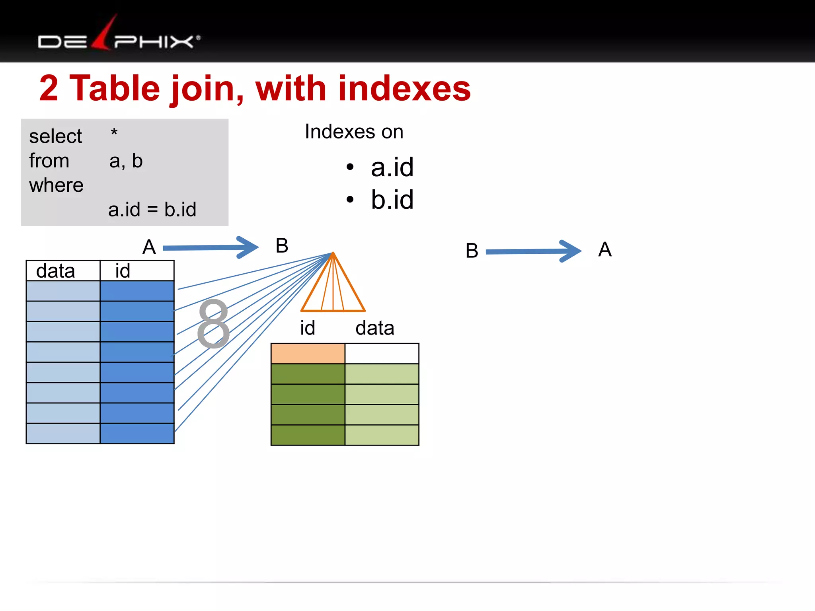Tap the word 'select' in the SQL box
pos(55,136)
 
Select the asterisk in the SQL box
pos(114,132)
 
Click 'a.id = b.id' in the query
pos(152,210)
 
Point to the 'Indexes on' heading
pos(354,132)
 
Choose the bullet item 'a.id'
pos(392,167)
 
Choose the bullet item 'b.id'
pos(392,200)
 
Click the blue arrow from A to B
pos(211,247)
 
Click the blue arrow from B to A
pos(533,251)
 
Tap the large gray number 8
pos(214,323)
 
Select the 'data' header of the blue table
pos(56,271)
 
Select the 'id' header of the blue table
pos(123,271)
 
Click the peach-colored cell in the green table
pos(308,354)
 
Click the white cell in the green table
pos(382,354)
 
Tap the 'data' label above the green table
pos(374,328)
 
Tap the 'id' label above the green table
pos(307,328)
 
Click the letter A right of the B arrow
pos(604,250)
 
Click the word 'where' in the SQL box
pos(56,185)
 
